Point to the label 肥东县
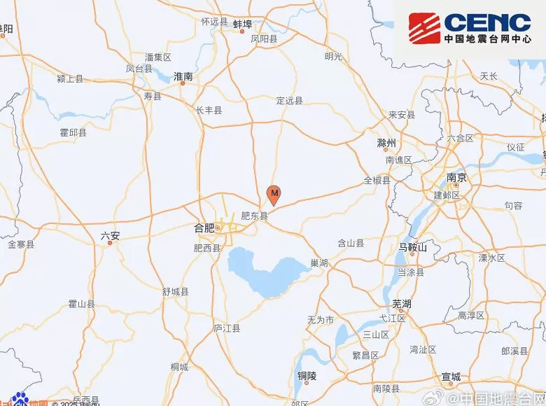tap(254, 216)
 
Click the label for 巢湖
tap(318, 262)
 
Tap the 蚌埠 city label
tap(242, 22)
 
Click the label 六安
tap(111, 236)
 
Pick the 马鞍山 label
tap(412, 247)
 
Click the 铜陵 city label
tap(307, 376)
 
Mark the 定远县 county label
tap(289, 101)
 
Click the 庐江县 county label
tap(227, 328)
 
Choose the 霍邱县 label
tap(73, 132)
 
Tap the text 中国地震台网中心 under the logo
tap(487, 39)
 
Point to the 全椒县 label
tap(377, 181)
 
